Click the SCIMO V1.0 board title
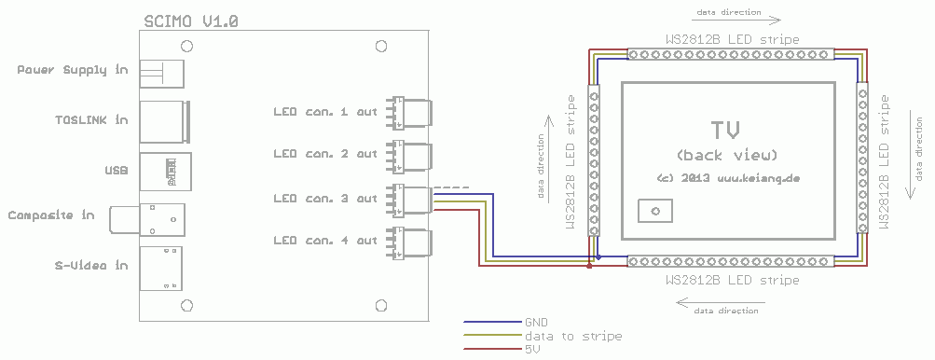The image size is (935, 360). click(191, 21)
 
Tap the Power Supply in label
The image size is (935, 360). click(72, 70)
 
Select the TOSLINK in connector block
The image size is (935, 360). click(165, 122)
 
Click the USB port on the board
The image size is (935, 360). click(166, 172)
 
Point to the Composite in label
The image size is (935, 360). click(51, 215)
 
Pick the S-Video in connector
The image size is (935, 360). click(161, 269)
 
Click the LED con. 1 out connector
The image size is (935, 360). click(409, 112)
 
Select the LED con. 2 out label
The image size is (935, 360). click(325, 154)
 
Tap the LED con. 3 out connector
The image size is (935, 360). click(409, 199)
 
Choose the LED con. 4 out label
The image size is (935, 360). click(325, 241)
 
